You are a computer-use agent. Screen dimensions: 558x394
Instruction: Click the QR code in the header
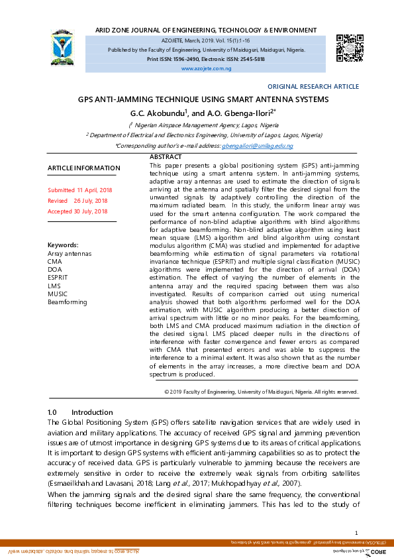(x=349, y=47)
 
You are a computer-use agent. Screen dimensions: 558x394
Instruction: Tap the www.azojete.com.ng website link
(x=206, y=69)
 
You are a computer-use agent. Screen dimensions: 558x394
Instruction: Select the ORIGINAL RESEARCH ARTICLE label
(x=313, y=87)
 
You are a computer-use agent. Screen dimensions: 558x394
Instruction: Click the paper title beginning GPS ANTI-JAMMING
(x=203, y=99)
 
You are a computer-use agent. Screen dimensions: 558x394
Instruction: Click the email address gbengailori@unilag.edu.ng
(x=257, y=145)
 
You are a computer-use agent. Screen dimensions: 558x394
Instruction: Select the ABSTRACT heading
(x=166, y=156)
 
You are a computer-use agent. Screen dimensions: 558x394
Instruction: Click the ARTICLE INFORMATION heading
(x=84, y=168)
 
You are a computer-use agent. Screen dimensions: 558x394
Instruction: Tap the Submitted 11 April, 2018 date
(x=80, y=190)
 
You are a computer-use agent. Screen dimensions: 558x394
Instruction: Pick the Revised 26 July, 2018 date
(x=77, y=201)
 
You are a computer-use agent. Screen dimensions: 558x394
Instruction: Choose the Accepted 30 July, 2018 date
(x=77, y=211)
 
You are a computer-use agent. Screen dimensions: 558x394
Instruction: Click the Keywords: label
(x=63, y=245)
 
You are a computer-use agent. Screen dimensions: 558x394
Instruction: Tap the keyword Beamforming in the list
(x=68, y=302)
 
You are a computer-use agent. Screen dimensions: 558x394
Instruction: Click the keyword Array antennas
(x=70, y=253)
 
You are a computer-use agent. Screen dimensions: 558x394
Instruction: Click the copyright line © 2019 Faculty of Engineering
(x=261, y=392)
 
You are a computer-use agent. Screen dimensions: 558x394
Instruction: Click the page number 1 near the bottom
(x=356, y=533)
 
